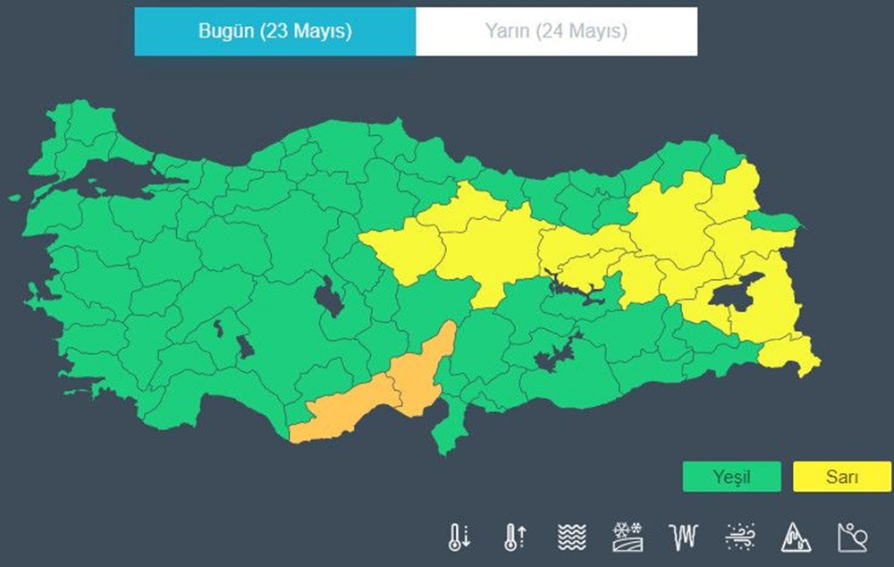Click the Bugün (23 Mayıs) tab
(274, 31)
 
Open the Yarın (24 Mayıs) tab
(556, 31)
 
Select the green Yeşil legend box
(730, 477)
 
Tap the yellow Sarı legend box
(841, 477)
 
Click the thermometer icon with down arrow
(459, 536)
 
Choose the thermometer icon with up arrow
(515, 536)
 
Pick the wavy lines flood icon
(571, 536)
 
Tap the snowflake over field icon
(627, 536)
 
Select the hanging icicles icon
(682, 536)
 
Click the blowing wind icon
(740, 536)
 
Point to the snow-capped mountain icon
(796, 536)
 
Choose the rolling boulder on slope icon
(851, 536)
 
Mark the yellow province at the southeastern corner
(791, 353)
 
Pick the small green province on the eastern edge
(774, 220)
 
